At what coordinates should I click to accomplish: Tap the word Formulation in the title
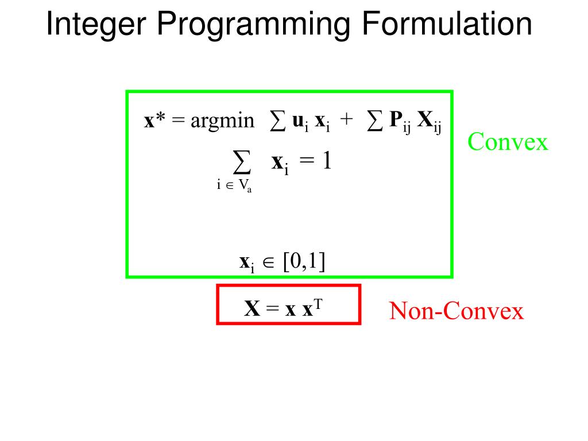(447, 25)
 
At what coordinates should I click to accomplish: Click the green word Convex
(508, 141)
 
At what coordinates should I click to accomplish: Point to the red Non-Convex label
(457, 311)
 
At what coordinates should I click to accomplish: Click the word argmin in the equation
(222, 121)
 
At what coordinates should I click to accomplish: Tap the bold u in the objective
(298, 121)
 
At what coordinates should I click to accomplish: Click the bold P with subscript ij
(394, 120)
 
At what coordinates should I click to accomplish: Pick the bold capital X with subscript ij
(425, 120)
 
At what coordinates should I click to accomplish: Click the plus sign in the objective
(346, 121)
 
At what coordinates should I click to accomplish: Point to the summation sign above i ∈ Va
(242, 164)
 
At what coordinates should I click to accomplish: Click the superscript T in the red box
(318, 304)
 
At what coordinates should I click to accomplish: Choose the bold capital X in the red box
(253, 310)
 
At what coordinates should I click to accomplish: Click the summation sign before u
(277, 121)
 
